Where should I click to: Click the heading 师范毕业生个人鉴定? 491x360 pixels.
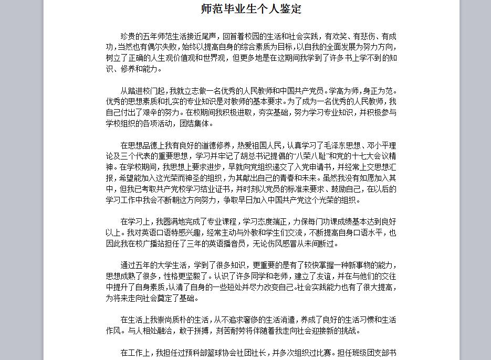click(x=252, y=9)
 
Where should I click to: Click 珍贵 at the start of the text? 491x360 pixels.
click(x=128, y=36)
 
